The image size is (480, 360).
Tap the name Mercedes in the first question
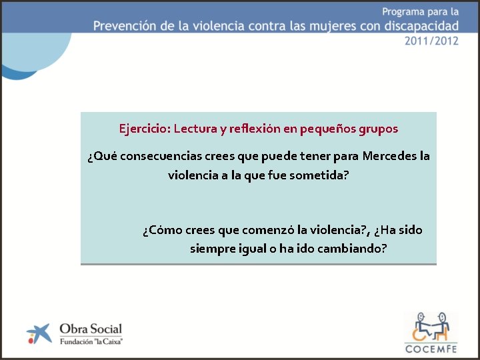click(x=389, y=157)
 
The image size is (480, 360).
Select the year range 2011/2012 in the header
click(x=431, y=41)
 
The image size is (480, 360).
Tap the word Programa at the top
click(x=406, y=11)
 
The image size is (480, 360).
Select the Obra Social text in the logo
click(x=91, y=328)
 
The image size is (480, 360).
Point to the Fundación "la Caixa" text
click(x=91, y=341)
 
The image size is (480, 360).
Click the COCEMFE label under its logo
click(x=430, y=347)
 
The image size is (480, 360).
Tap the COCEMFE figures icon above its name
click(x=430, y=325)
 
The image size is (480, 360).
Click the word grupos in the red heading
click(x=379, y=129)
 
